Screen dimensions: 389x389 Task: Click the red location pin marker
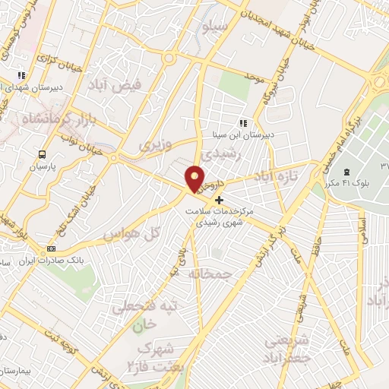pos(197,179)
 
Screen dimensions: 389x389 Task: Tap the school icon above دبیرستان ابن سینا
pos(243,123)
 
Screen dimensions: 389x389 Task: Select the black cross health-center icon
pos(220,200)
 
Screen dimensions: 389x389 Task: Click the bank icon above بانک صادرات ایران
pos(51,248)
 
